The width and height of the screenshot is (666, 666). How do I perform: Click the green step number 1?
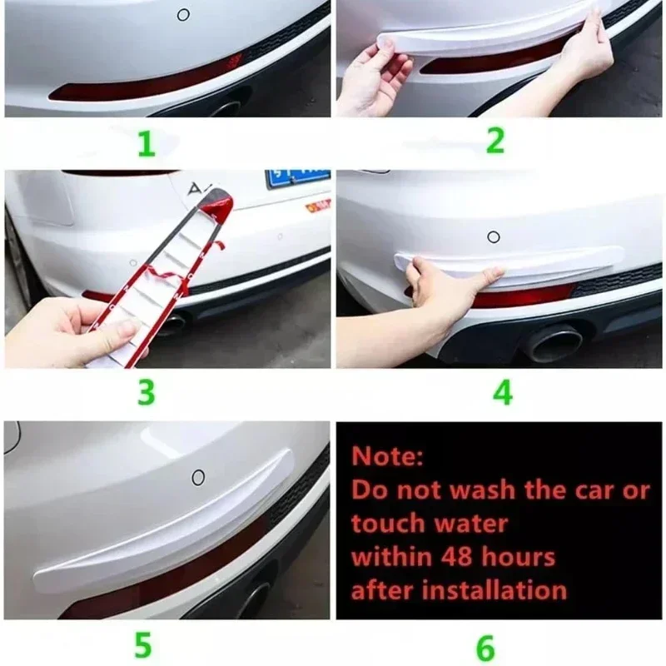(147, 143)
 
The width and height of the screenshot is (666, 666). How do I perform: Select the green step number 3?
(147, 391)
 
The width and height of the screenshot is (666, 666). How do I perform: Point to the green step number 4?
(502, 391)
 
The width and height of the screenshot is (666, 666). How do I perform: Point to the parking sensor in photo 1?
(183, 14)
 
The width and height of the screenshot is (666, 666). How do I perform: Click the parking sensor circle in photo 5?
(198, 477)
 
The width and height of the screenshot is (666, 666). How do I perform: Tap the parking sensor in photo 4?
(493, 236)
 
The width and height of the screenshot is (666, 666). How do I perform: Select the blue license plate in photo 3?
(297, 179)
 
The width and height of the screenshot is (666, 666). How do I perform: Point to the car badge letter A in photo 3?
(196, 189)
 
